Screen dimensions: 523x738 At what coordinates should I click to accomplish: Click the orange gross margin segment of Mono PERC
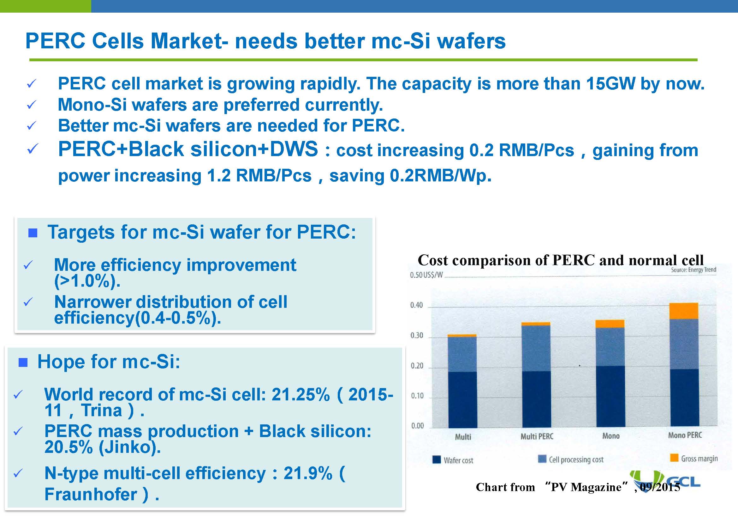684,311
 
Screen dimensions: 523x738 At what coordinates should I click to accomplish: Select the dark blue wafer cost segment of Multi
462,399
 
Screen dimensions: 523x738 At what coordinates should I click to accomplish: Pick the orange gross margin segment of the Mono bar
610,324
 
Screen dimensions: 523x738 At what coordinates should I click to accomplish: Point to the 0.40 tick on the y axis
416,305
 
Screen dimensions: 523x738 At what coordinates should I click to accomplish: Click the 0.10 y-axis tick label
417,396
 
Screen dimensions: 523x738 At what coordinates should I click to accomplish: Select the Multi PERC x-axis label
537,436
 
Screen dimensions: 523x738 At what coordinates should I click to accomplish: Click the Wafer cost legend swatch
436,459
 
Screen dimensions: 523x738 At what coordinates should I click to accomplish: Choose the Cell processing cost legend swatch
542,459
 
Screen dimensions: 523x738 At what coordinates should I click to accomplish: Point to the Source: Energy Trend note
693,270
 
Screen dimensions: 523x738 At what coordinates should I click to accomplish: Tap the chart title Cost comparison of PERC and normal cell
560,260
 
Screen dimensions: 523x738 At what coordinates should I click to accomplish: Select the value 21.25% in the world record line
301,394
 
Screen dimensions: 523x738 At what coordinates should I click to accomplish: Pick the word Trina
101,410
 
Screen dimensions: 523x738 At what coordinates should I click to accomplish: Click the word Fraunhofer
91,494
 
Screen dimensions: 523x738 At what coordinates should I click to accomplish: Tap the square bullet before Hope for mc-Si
23,362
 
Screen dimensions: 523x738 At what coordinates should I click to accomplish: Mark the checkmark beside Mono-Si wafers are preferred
31,105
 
